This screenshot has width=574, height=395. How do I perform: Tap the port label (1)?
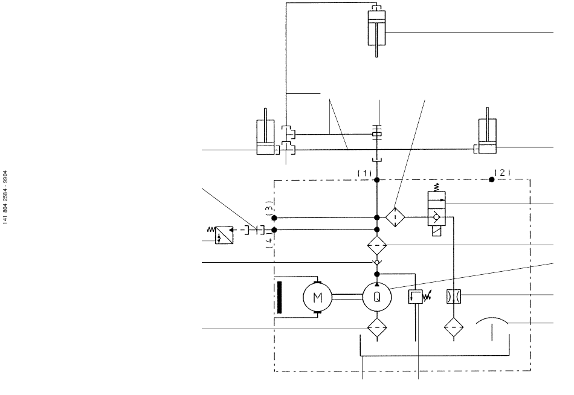coord(364,173)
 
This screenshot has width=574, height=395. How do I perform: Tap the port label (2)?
coord(502,172)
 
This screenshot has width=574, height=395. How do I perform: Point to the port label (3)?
coord(269,208)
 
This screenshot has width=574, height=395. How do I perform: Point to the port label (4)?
coord(269,241)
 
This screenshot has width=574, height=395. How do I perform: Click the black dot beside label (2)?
coord(492,179)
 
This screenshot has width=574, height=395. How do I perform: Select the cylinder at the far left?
coord(266,132)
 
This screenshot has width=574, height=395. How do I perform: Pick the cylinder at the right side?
coord(487,130)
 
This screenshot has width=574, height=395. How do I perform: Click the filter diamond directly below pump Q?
coord(377,327)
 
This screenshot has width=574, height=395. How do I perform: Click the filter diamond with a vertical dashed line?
coord(395,217)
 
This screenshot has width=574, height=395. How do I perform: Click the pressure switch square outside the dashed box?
coord(224,236)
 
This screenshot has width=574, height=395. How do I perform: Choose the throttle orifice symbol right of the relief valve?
coord(454,297)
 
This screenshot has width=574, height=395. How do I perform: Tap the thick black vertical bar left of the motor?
coord(280,297)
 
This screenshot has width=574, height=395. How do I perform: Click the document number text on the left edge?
coord(5,197)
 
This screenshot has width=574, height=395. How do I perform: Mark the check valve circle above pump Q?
coord(377,263)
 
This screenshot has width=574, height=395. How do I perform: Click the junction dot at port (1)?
coord(377,180)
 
